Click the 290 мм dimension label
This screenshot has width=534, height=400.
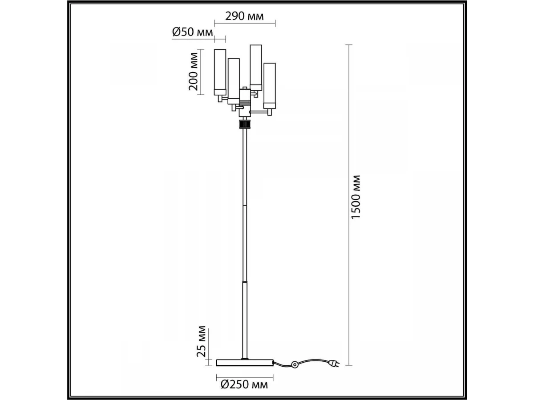coord(244,16)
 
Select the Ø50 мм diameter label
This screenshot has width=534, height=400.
coord(192,32)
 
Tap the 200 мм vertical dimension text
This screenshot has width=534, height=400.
coord(194,72)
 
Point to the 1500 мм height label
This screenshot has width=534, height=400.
coord(356,197)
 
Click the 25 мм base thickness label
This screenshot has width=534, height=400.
coord(201,341)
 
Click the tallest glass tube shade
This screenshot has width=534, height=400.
coord(256,68)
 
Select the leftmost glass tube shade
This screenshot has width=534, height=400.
coord(220,72)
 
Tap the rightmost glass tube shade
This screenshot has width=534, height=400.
coord(270,86)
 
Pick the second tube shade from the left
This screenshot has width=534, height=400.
coord(234,81)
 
